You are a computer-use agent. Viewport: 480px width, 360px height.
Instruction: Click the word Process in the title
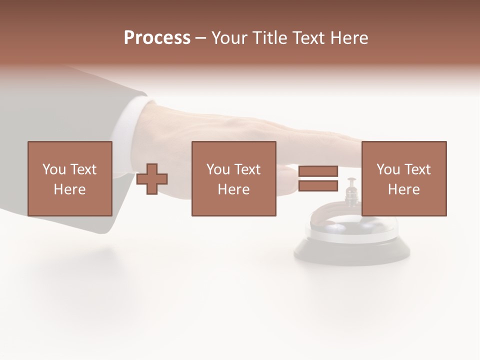157,38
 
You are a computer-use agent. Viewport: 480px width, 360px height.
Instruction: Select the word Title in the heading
270,38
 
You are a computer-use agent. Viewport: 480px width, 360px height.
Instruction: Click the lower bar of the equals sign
318,186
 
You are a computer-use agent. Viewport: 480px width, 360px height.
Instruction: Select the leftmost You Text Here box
70,178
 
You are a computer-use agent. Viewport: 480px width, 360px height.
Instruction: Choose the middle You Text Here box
234,178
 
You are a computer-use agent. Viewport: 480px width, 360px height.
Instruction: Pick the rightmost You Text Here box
404,178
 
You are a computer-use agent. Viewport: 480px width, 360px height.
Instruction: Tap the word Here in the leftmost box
69,189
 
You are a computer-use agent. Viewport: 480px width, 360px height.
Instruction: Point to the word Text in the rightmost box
416,169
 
